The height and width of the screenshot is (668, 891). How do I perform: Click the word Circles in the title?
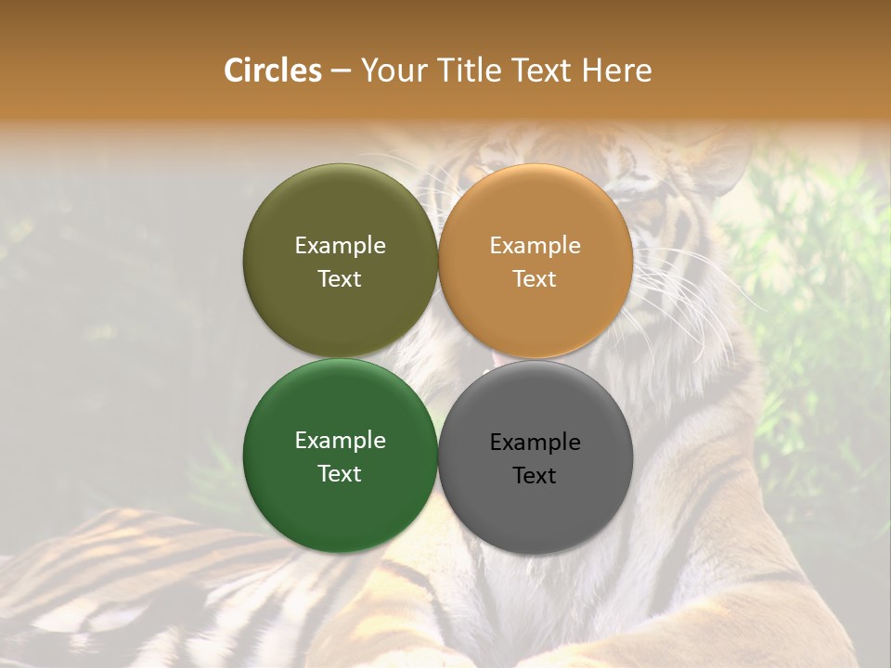point(272,71)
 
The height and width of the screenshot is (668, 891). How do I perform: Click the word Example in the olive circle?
point(340,246)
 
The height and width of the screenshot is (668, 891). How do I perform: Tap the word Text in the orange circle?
point(535,279)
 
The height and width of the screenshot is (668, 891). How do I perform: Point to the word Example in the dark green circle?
point(340,441)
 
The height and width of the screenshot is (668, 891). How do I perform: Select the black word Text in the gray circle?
point(535,476)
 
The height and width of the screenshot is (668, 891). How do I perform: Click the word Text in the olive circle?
point(340,279)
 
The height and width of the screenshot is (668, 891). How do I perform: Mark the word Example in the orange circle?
point(535,246)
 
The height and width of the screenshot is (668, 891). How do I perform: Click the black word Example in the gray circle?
point(535,443)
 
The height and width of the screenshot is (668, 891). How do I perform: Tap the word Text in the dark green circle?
point(340,474)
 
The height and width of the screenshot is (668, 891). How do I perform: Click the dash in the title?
point(341,71)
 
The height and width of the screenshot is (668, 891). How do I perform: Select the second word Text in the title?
point(546,71)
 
